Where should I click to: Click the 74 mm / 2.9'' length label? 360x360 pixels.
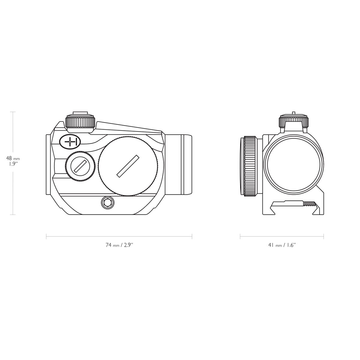point(119,245)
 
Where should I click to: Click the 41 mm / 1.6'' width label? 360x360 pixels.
point(282,245)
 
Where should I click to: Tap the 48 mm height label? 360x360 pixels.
point(13,158)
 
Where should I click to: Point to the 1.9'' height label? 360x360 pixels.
point(13,164)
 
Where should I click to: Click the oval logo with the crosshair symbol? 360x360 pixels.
point(70,142)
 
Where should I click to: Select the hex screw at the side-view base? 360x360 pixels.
point(107,203)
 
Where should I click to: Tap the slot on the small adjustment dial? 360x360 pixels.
point(80,166)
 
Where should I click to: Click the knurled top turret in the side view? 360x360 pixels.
point(80,122)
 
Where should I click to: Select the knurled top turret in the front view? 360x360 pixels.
point(293,121)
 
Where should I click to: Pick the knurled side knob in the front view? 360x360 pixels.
point(250,166)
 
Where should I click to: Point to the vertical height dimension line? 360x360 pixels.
point(13,186)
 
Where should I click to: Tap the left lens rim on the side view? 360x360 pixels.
point(48,164)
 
